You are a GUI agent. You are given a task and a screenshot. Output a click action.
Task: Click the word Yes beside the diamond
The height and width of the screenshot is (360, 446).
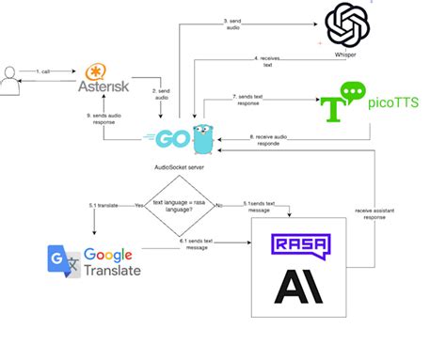139,204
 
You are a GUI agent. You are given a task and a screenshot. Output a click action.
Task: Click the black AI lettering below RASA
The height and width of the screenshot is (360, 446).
299,286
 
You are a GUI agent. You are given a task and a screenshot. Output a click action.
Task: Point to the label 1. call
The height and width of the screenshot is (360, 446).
43,71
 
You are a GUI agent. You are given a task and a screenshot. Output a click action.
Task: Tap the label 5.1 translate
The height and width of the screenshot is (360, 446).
111,204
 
